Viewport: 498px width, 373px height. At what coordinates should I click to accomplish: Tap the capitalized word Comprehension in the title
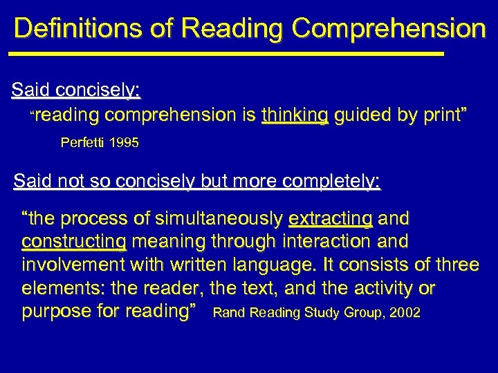[x=389, y=29]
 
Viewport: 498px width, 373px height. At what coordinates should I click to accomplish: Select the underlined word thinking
[x=295, y=115]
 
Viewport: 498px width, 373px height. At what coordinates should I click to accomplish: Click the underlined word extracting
[x=331, y=220]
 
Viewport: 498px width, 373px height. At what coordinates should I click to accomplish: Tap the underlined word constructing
[x=74, y=242]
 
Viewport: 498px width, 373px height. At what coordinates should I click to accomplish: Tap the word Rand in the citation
[x=229, y=313]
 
